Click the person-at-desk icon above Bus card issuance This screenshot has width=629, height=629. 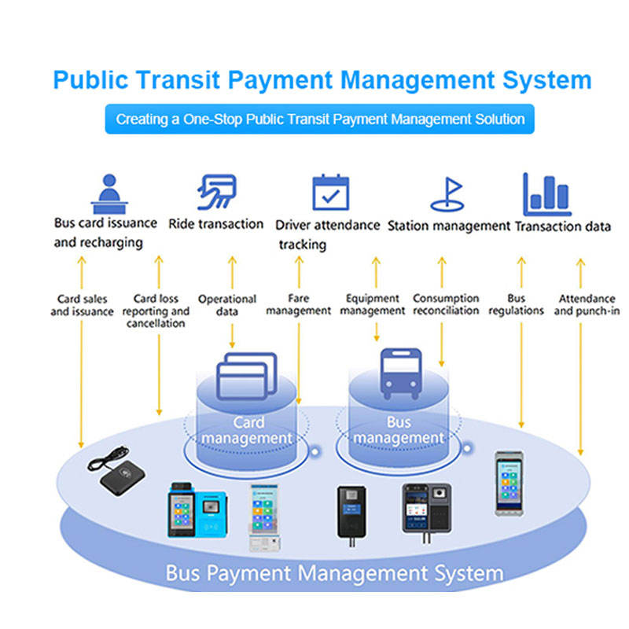pyautogui.click(x=109, y=194)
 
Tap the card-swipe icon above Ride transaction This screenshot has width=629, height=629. pyautogui.click(x=217, y=192)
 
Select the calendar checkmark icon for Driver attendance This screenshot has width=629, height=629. pyautogui.click(x=330, y=192)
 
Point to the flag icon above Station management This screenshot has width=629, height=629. pyautogui.click(x=447, y=194)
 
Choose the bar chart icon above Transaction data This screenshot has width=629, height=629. pyautogui.click(x=546, y=194)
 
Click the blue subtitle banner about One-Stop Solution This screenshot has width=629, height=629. pyautogui.click(x=320, y=120)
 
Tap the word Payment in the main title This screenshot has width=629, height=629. pyautogui.click(x=280, y=80)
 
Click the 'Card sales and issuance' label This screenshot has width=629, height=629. pyautogui.click(x=83, y=305)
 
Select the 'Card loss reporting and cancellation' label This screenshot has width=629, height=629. pyautogui.click(x=156, y=311)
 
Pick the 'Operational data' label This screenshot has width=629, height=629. pyautogui.click(x=227, y=305)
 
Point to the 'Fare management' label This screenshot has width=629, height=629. pyautogui.click(x=299, y=304)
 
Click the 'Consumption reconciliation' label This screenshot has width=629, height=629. pyautogui.click(x=446, y=304)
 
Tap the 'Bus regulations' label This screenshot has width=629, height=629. pyautogui.click(x=517, y=304)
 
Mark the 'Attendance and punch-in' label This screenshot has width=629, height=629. pyautogui.click(x=587, y=304)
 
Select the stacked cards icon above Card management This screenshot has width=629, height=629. pyautogui.click(x=247, y=377)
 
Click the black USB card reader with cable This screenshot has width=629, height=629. pyautogui.click(x=116, y=471)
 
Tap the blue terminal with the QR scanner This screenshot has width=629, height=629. pyautogui.click(x=197, y=509)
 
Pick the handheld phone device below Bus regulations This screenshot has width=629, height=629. pyautogui.click(x=509, y=484)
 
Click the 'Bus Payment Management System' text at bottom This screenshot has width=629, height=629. pyautogui.click(x=335, y=573)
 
